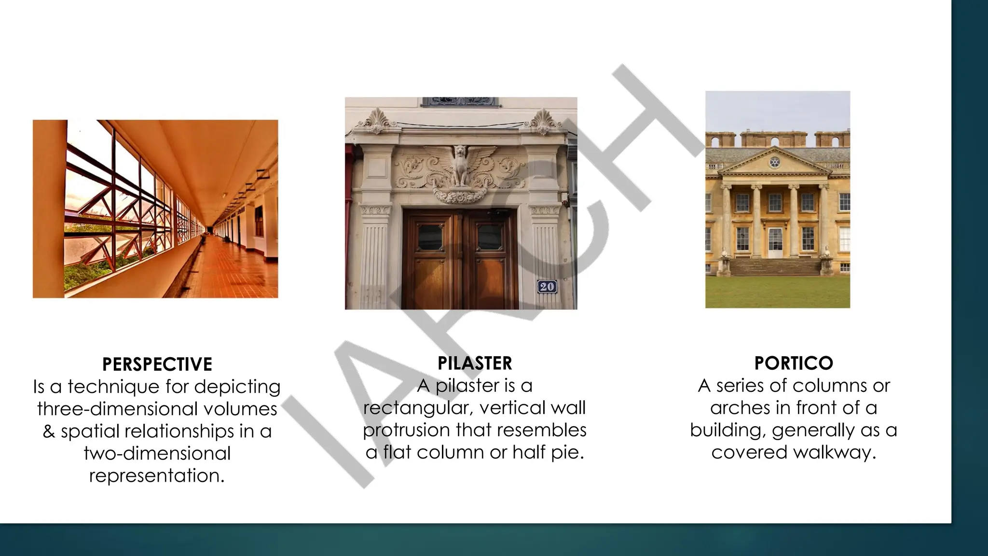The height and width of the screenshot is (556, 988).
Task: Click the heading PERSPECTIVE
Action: click(x=157, y=364)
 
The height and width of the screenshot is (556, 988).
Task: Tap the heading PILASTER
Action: click(x=475, y=363)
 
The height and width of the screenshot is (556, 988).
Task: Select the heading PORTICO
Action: click(x=794, y=363)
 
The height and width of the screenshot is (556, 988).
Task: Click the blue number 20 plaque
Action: click(x=547, y=287)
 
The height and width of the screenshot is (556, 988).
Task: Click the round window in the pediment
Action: click(x=774, y=162)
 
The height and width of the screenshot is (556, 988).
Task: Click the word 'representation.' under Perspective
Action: click(x=157, y=475)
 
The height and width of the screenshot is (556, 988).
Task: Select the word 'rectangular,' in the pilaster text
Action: click(x=415, y=408)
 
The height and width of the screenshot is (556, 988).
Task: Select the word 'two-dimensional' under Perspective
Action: click(x=157, y=453)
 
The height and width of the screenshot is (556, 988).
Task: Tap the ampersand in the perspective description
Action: click(x=49, y=431)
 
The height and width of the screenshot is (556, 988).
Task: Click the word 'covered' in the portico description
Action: click(x=749, y=452)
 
